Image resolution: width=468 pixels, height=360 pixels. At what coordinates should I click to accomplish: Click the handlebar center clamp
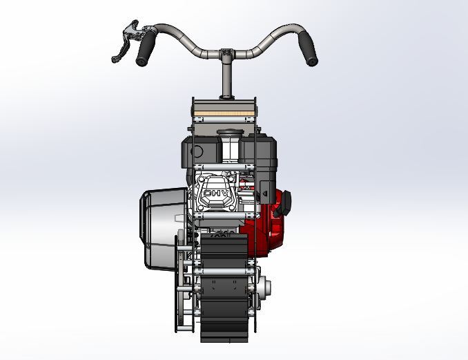click(x=226, y=53)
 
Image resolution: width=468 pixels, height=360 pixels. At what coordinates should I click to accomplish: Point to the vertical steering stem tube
click(x=226, y=79)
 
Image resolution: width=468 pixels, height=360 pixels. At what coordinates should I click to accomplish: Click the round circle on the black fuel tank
click(x=196, y=151)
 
